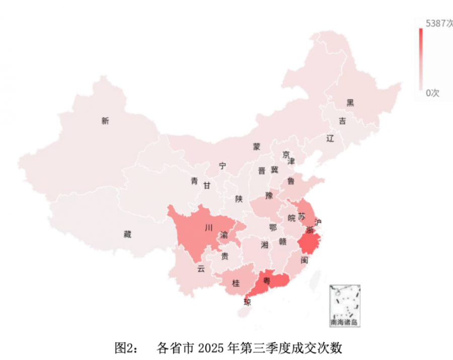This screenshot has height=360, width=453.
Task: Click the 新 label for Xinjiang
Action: click(105, 121)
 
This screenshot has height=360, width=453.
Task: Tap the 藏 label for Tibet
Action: click(127, 234)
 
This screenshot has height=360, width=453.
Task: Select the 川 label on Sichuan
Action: click(208, 228)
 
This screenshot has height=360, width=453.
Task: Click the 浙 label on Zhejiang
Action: click(310, 230)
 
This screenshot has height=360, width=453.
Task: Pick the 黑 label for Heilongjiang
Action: click(350, 103)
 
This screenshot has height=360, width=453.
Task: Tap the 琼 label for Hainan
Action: click(247, 302)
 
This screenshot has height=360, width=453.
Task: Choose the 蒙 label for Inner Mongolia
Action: click(257, 147)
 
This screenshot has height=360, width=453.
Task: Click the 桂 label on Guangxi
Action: click(236, 283)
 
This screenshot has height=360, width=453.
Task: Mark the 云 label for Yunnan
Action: click(201, 269)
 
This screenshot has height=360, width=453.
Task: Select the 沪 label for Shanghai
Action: click(318, 222)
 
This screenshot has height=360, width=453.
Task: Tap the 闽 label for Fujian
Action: click(304, 260)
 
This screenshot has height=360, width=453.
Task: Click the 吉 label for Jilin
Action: click(342, 121)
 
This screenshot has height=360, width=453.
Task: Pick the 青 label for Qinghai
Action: click(194, 182)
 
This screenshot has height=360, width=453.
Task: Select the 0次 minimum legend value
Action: click(433, 93)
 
